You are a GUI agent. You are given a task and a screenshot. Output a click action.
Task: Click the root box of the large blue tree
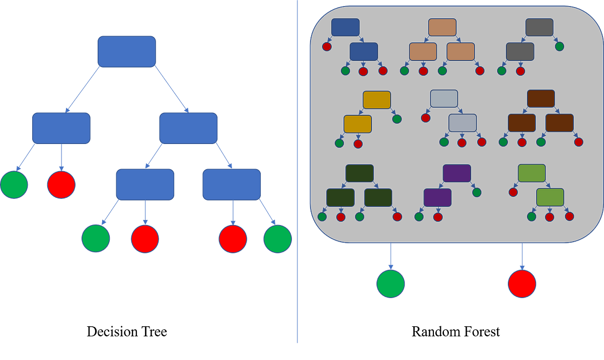tap(126, 51)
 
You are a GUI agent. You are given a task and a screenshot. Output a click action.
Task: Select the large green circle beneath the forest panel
tap(391, 283)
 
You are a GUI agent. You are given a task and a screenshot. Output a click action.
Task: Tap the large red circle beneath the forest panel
tap(522, 283)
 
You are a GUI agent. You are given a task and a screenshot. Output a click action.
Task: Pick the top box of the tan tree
tap(442, 27)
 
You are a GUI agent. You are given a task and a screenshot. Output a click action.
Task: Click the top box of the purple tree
tap(457, 173)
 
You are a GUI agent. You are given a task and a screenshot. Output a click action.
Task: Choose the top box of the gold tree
tap(376, 100)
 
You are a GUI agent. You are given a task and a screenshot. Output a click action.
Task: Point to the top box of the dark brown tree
tap(541, 99)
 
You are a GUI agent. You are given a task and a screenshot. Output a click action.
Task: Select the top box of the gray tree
tap(539, 27)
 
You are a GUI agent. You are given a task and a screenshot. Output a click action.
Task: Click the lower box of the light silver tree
tap(462, 123)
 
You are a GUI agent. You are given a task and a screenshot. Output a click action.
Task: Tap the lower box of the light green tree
tap(550, 197)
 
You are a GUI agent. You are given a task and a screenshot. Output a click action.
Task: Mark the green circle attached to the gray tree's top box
tap(559, 46)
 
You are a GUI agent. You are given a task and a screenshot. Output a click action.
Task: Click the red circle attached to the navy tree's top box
tap(327, 47)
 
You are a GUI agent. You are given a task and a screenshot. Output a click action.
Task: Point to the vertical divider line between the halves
tap(297, 171)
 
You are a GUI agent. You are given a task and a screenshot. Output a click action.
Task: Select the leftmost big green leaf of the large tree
tap(14, 185)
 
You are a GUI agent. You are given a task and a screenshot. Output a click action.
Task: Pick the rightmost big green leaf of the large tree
tap(277, 239)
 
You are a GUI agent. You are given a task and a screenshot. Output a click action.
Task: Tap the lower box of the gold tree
tap(357, 124)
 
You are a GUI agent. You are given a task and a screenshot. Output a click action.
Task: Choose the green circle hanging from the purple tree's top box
tap(477, 192)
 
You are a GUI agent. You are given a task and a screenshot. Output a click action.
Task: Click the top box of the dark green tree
tap(359, 173)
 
